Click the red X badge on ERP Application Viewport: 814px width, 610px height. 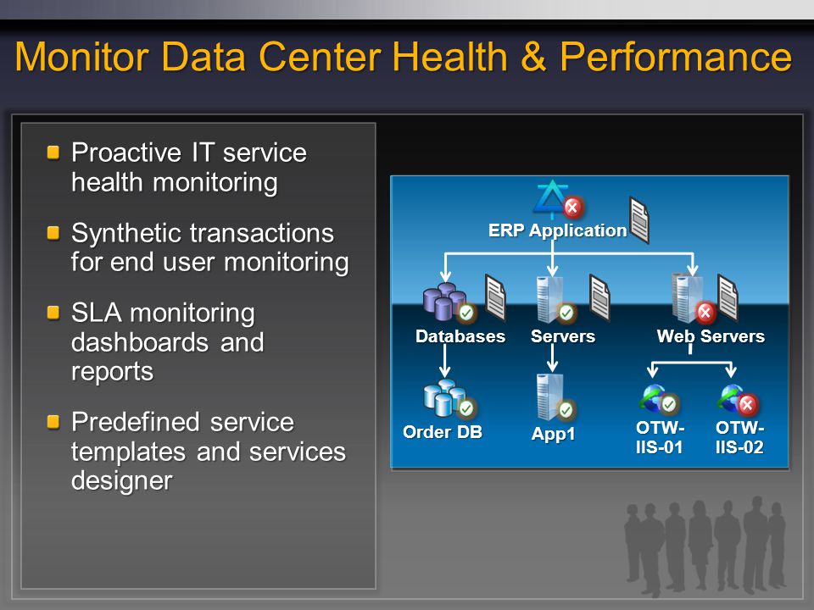coord(572,208)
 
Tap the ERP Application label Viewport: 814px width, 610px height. coord(558,230)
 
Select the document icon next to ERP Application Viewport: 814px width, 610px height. coord(639,219)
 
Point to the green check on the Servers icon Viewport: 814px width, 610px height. coord(566,313)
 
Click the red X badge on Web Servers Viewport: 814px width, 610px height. coord(705,313)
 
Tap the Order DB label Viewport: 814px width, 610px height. coord(443,432)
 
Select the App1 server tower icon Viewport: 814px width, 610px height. coord(549,396)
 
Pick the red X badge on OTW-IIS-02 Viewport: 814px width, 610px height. coord(747,405)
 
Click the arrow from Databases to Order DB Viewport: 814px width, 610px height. coord(445,361)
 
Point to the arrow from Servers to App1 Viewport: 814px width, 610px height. coord(552,358)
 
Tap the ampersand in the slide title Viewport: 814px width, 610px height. coord(533,57)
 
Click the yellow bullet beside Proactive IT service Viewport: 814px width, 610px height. coord(53,152)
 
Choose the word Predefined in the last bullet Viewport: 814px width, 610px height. coord(135,422)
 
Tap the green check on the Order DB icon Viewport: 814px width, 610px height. coord(466,408)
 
